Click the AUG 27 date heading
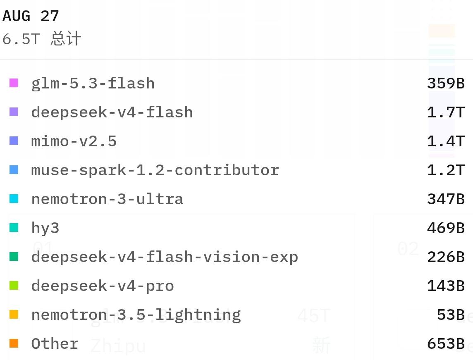click(31, 16)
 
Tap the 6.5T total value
click(21, 39)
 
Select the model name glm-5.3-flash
click(93, 83)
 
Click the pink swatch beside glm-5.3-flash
click(14, 83)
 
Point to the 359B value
click(446, 83)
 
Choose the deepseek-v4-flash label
click(112, 112)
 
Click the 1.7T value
click(446, 112)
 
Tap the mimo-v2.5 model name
click(74, 141)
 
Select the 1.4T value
click(446, 141)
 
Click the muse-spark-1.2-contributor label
click(155, 170)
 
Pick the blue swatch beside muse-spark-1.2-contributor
click(14, 170)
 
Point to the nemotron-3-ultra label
click(107, 199)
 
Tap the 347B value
click(446, 199)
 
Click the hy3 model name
click(45, 228)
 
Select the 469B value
click(446, 228)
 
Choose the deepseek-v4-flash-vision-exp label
click(165, 257)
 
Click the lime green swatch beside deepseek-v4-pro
click(14, 286)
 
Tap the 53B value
click(451, 315)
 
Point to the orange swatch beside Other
click(14, 343)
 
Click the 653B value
click(446, 344)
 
